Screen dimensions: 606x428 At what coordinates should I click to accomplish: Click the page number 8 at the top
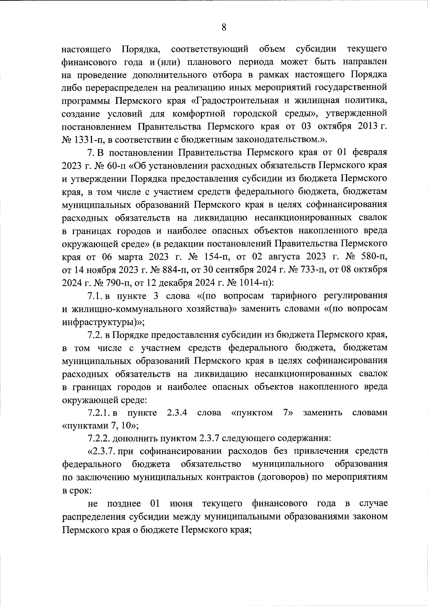click(224, 27)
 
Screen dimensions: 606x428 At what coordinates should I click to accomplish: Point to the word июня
click(182, 503)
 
